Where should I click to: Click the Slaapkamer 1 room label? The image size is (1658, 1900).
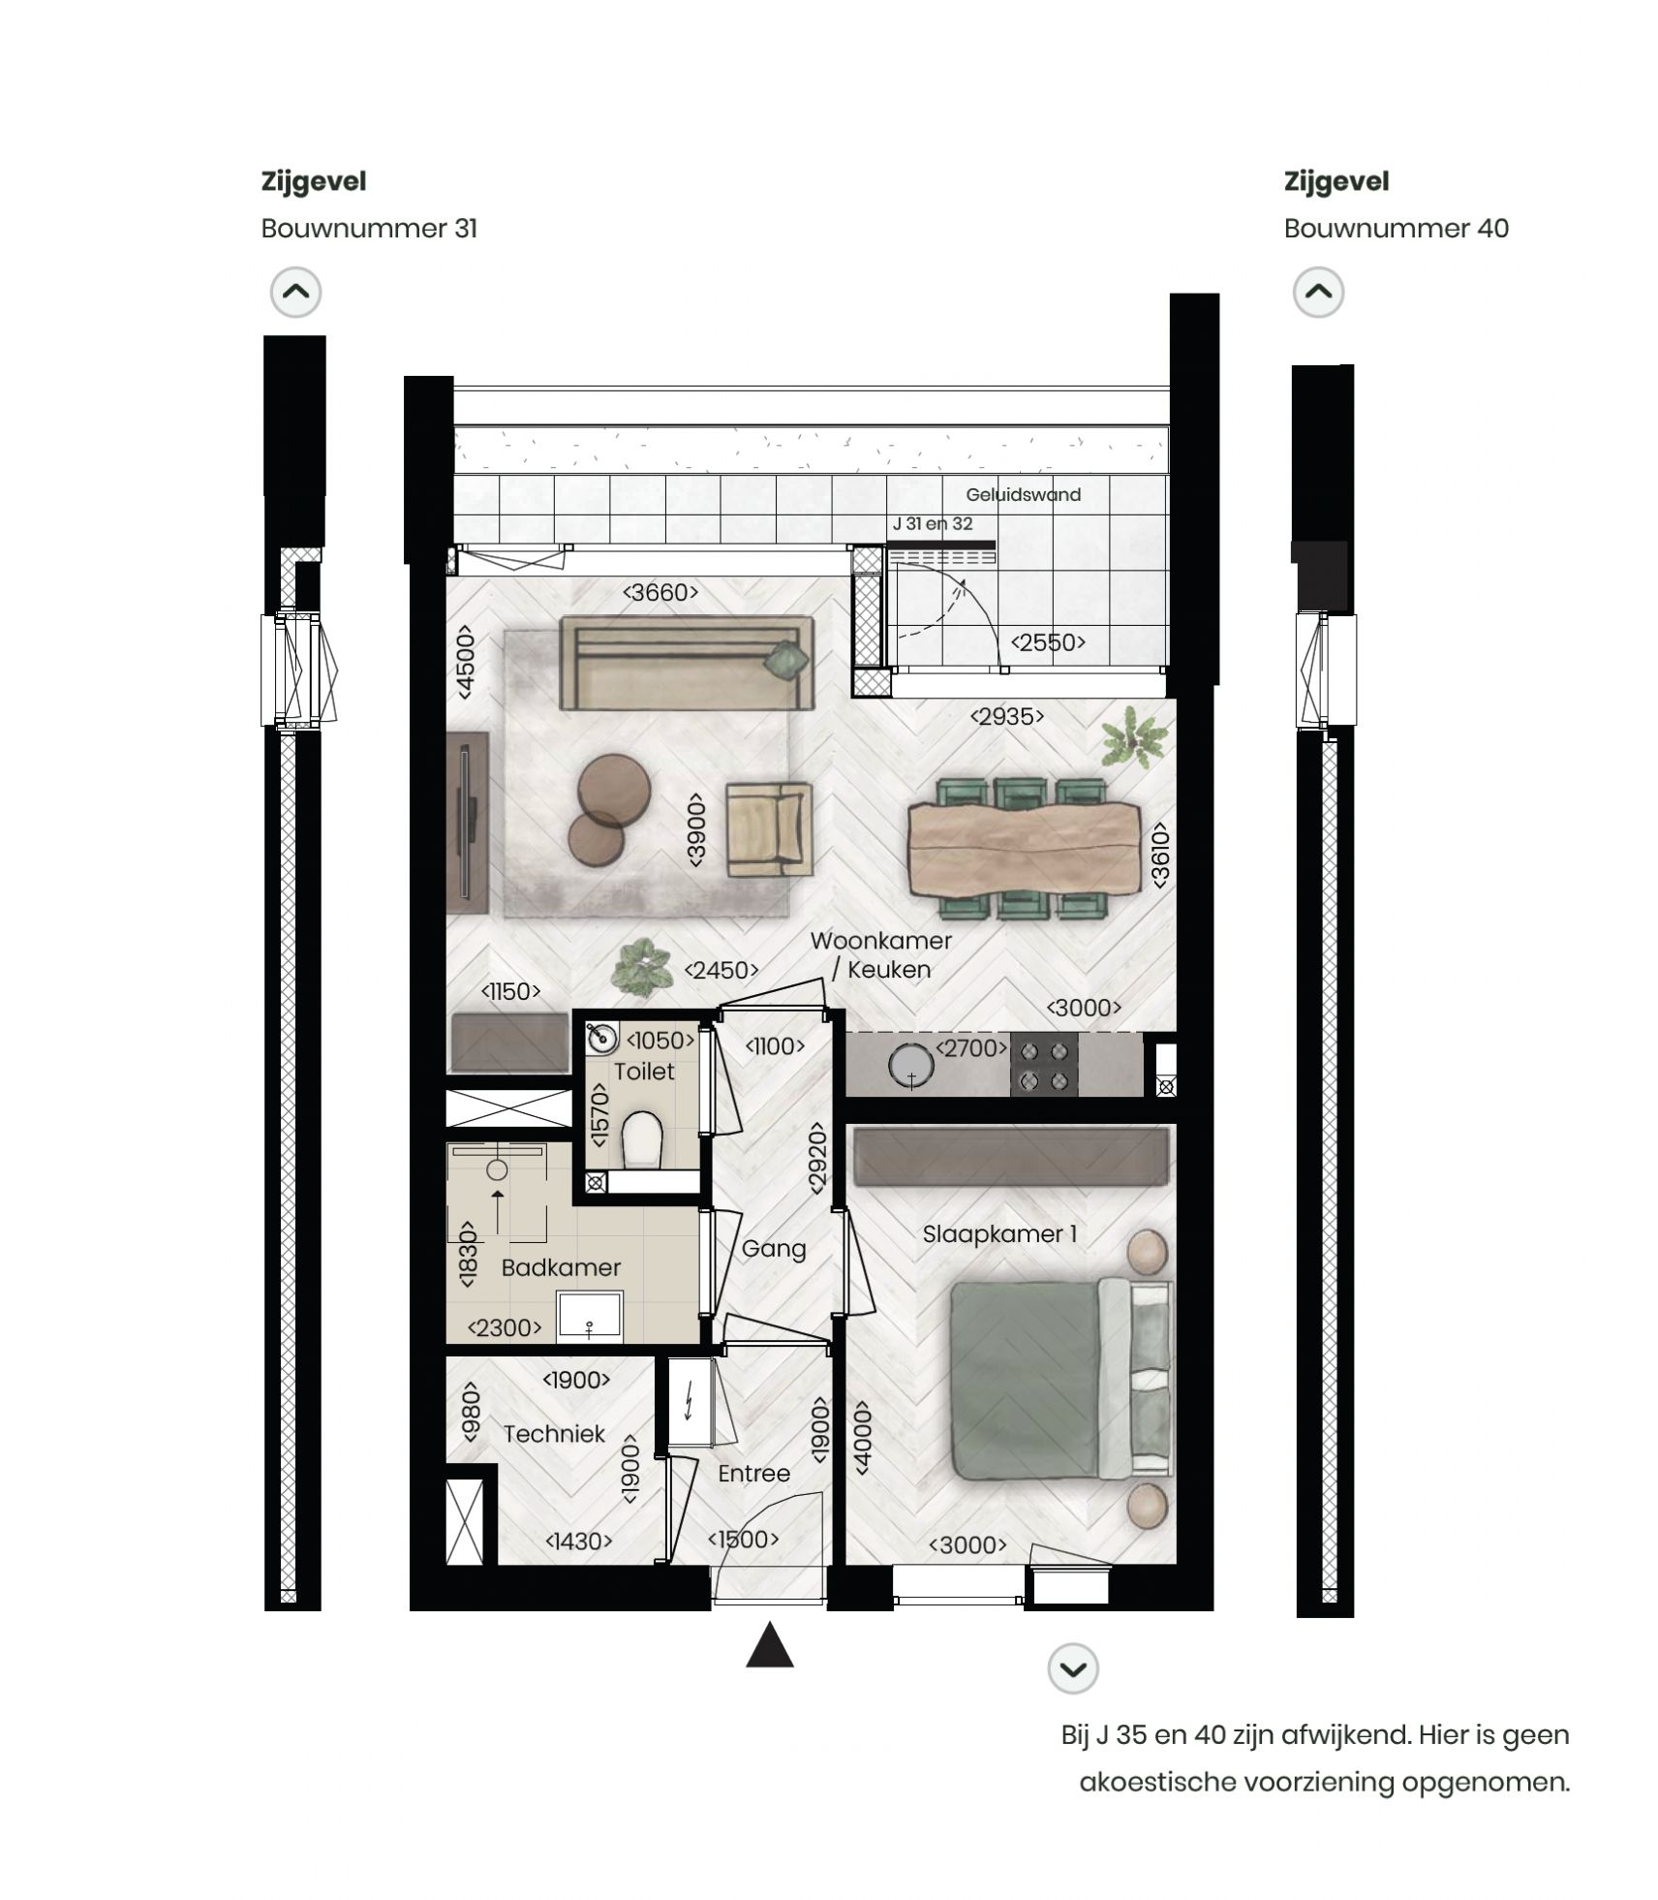998,1233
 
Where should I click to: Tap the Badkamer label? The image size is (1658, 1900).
560,1267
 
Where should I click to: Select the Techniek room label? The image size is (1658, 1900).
553,1433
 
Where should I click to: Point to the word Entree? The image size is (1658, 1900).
753,1473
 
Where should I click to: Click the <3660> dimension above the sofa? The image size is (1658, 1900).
660,592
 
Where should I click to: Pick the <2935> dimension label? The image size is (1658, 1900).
1007,716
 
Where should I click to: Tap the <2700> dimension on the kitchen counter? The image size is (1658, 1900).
971,1047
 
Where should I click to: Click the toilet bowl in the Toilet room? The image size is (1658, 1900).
640,1138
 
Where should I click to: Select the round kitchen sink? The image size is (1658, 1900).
910,1066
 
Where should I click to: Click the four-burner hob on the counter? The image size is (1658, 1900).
1044,1065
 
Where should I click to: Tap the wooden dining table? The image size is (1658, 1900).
1021,850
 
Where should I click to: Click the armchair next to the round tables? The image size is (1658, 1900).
769,828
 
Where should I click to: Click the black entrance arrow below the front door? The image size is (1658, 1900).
769,1646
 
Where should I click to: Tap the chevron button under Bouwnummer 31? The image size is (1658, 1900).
295,292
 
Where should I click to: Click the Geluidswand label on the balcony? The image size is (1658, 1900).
1023,494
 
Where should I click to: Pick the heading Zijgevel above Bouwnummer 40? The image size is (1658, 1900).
1336,181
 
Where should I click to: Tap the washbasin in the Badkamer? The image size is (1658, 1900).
589,1317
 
